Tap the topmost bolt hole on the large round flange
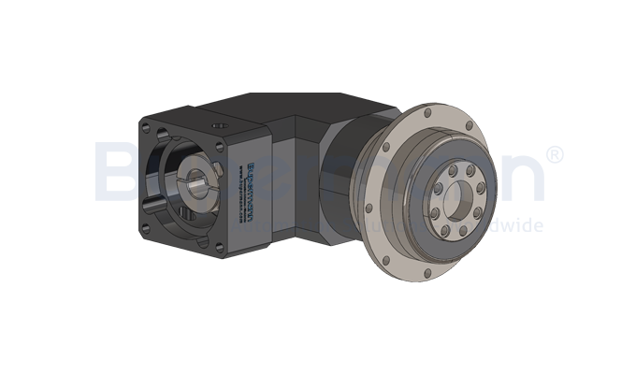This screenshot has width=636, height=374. pyautogui.click(x=427, y=113)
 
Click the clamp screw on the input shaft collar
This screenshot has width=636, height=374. pyautogui.click(x=211, y=168)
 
